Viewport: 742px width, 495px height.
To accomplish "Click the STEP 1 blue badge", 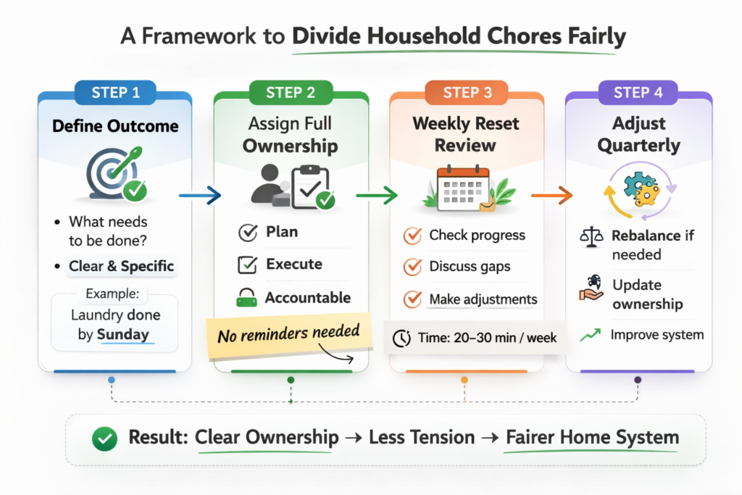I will (x=115, y=92).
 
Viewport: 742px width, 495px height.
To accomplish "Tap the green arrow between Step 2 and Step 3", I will (x=377, y=195).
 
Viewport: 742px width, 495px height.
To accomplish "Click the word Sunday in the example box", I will (x=123, y=334).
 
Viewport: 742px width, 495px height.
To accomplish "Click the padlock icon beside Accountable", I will (x=247, y=298).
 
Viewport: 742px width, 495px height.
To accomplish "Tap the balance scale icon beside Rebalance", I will (x=591, y=236).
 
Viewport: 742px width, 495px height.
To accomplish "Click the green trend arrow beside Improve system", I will (x=590, y=335).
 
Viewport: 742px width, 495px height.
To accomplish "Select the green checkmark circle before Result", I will (x=107, y=438).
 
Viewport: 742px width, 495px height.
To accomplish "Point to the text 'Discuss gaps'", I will (x=470, y=267).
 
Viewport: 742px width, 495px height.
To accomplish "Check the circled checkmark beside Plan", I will (x=247, y=233).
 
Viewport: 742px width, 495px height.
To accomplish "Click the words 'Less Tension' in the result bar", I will (x=422, y=438).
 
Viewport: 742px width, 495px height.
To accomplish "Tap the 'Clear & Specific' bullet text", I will (x=121, y=266).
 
